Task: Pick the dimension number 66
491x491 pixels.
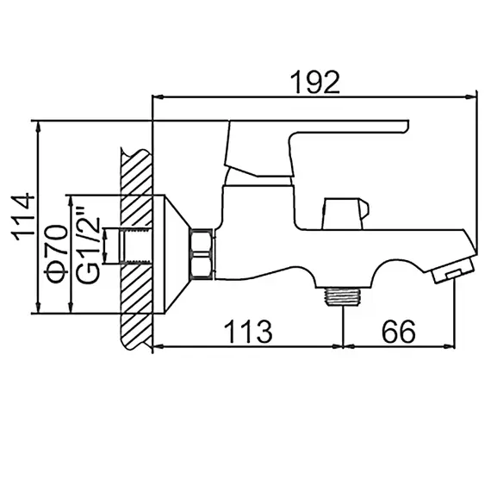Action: (x=395, y=330)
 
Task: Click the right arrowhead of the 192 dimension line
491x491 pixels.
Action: (x=475, y=96)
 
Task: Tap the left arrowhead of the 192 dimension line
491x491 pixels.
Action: (x=157, y=96)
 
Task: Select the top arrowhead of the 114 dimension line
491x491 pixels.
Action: (x=40, y=126)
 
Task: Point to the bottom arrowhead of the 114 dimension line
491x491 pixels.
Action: (x=40, y=312)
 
